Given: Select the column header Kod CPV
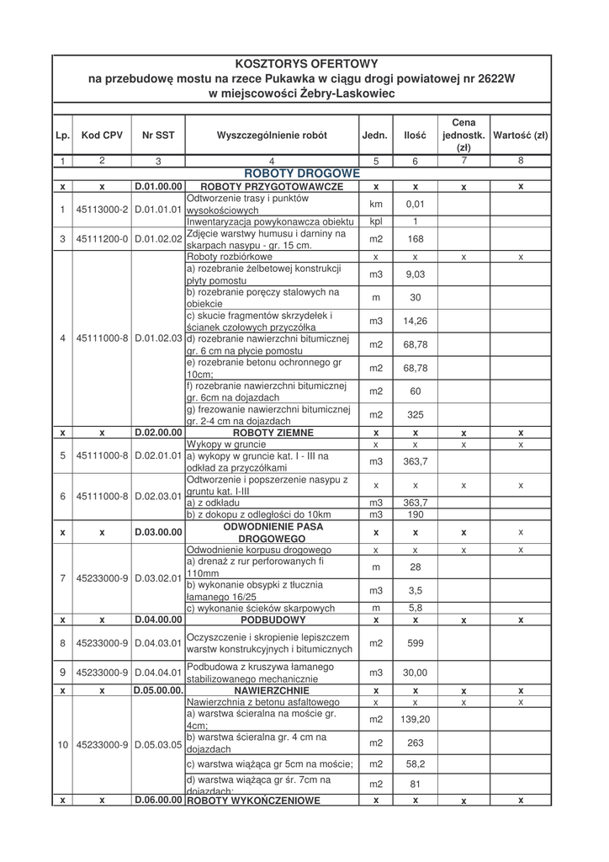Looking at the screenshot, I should pos(102,135).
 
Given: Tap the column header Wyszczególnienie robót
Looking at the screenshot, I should pos(272,135).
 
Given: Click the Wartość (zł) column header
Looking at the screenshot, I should pos(521,135).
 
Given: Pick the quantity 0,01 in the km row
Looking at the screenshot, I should pos(415,204).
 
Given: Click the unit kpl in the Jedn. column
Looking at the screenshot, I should pos(376,221).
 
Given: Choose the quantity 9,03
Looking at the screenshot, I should pos(415,274).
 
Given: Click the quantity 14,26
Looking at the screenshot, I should pos(415,321).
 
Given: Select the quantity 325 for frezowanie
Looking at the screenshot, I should pos(415,415).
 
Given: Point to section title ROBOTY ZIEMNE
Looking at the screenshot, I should pos(262,433).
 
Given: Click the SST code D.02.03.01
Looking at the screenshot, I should pos(158,497).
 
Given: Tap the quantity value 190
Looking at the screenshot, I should pos(415,514).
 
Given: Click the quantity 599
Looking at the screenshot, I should pos(415,644).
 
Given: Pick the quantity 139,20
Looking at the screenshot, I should pos(415,720).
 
